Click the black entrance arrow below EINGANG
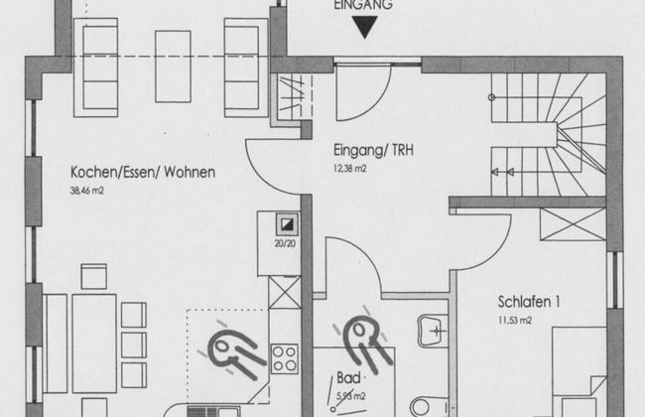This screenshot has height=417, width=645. [x=365, y=27]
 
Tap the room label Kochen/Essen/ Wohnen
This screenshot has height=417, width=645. [x=143, y=172]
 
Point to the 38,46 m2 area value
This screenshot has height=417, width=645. [x=86, y=191]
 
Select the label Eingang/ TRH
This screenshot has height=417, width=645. [x=373, y=150]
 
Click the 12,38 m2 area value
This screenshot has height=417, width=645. [x=349, y=169]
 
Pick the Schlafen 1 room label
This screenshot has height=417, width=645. [x=529, y=302]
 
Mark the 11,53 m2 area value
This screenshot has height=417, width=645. [x=515, y=321]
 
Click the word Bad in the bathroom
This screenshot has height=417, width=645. [x=348, y=377]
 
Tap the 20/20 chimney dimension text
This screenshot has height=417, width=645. [x=285, y=243]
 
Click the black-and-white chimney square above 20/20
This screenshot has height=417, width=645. [x=287, y=224]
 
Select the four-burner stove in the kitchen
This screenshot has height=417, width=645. [x=284, y=359]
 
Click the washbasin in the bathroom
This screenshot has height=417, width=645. [x=433, y=331]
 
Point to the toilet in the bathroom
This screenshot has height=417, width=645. [x=429, y=406]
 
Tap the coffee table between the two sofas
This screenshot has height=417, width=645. [x=173, y=67]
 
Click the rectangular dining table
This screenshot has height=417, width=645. [x=94, y=344]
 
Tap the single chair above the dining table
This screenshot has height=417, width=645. [x=94, y=276]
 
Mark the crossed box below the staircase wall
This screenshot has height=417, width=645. [x=573, y=224]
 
